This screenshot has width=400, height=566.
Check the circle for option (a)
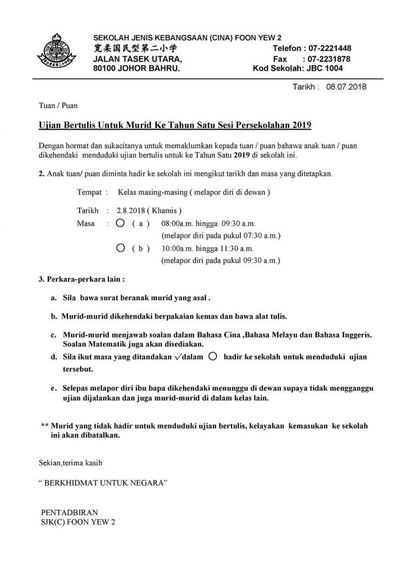click(120, 223)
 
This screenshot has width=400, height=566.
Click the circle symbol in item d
click(213, 357)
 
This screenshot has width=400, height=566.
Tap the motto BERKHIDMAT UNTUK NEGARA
click(103, 483)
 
